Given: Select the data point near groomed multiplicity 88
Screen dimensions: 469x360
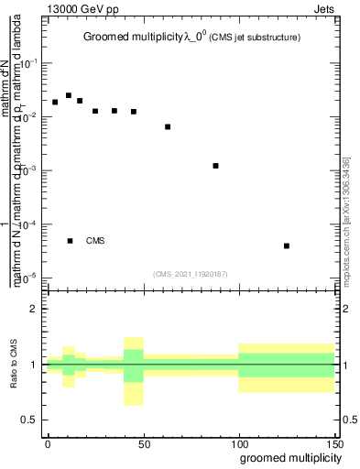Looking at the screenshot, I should click(x=215, y=166).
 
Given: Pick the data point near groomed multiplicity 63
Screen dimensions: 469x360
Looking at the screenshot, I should click(x=168, y=126).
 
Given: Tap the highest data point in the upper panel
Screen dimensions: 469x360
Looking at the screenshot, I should click(x=69, y=95).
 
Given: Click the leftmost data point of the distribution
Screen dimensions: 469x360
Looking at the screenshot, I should click(x=55, y=102).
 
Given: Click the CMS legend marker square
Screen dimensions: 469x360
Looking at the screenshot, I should click(x=70, y=241).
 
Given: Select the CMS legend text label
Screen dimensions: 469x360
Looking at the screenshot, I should click(x=96, y=241).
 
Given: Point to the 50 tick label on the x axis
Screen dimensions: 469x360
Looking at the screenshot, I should click(x=143, y=443).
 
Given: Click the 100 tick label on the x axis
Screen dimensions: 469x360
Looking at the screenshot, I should click(x=238, y=443).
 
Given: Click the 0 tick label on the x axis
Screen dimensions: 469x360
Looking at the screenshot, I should click(x=48, y=443).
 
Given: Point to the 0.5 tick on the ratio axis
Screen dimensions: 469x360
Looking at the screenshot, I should click(x=30, y=420).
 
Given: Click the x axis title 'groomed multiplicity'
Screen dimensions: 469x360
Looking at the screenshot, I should click(x=286, y=457).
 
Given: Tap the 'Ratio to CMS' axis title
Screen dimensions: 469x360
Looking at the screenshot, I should click(x=16, y=365).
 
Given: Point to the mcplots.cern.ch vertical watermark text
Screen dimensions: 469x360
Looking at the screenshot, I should click(x=345, y=220).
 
